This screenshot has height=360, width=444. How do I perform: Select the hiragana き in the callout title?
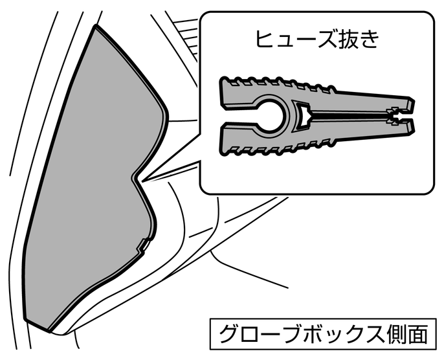click(372, 40)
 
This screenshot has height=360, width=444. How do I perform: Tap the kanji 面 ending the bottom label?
click(418, 334)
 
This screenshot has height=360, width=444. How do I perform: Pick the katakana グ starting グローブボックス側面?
click(230, 334)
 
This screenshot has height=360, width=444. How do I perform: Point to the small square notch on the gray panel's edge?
click(142, 245)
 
